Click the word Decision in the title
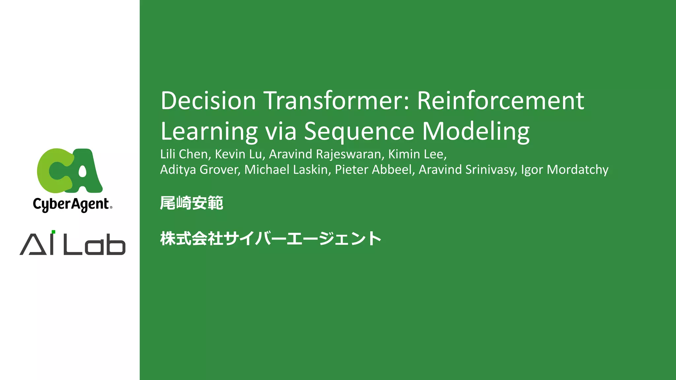[x=208, y=101]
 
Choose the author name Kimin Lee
[x=417, y=154]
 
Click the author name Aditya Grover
[x=200, y=170]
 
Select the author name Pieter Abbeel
[x=374, y=170]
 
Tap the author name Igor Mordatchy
[x=564, y=170]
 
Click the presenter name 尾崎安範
[x=191, y=203]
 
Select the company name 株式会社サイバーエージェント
[x=271, y=238]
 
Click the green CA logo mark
[x=70, y=171]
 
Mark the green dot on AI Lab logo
[x=53, y=232]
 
